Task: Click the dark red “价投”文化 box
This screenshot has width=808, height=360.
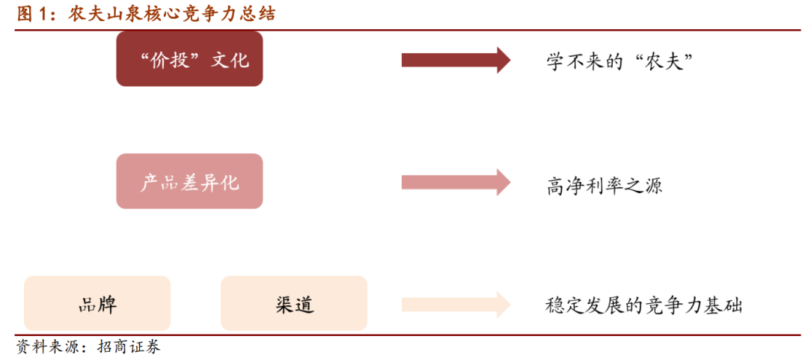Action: point(189,59)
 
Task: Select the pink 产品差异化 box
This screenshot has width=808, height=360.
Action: point(189,182)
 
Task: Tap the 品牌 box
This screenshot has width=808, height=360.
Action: point(97,304)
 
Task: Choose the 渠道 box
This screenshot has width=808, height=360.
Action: point(293,304)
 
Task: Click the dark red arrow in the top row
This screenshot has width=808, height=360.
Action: point(456,60)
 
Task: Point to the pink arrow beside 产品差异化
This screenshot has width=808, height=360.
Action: point(456,182)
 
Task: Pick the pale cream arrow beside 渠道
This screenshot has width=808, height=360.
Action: point(456,304)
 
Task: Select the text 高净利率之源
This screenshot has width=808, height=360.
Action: point(605,183)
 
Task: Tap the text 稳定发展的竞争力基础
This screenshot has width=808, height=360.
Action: point(643,305)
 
